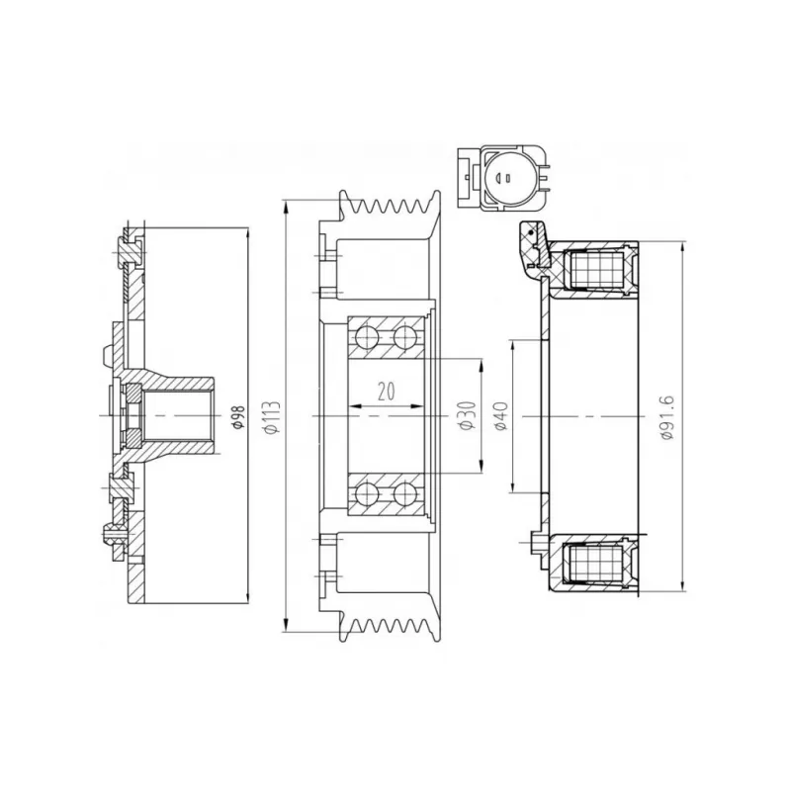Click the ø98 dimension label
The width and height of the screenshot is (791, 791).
tap(238, 416)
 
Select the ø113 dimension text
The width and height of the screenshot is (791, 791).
tap(272, 417)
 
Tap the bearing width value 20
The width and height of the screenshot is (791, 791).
tap(386, 392)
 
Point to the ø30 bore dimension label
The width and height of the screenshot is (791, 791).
tap(467, 415)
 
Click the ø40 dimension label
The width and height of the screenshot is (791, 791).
tap(501, 415)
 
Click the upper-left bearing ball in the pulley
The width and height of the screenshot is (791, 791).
tap(366, 337)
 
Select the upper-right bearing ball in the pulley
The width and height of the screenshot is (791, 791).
tap(405, 337)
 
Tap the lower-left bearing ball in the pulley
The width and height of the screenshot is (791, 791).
tap(366, 493)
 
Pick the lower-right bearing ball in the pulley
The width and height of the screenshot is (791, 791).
tap(405, 493)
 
